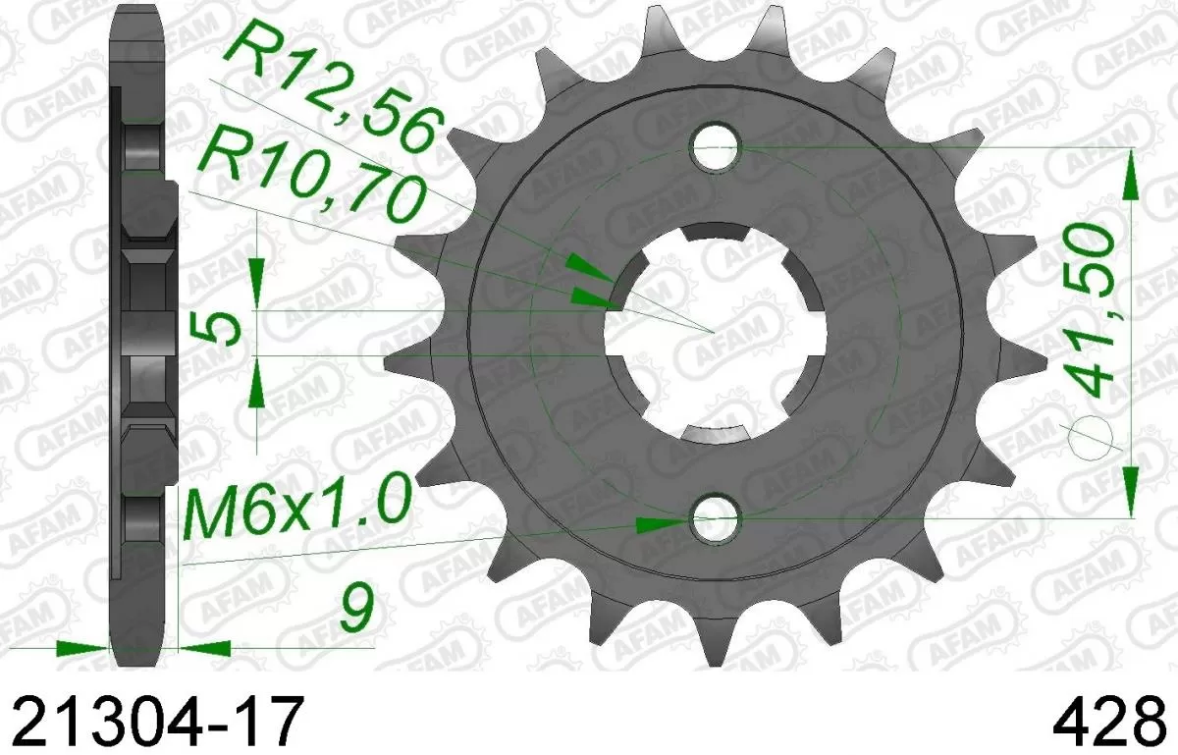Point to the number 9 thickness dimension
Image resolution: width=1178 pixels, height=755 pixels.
pyautogui.click(x=357, y=610)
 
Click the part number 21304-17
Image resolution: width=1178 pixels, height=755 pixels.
pyautogui.click(x=152, y=725)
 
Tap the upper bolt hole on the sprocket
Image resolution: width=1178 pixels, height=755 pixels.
pyautogui.click(x=715, y=148)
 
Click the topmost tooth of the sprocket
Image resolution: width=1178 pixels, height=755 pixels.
pyautogui.click(x=666, y=29)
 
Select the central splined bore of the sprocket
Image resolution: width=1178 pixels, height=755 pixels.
pyautogui.click(x=714, y=334)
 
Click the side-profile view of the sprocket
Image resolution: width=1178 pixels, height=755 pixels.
pyautogui.click(x=137, y=334)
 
